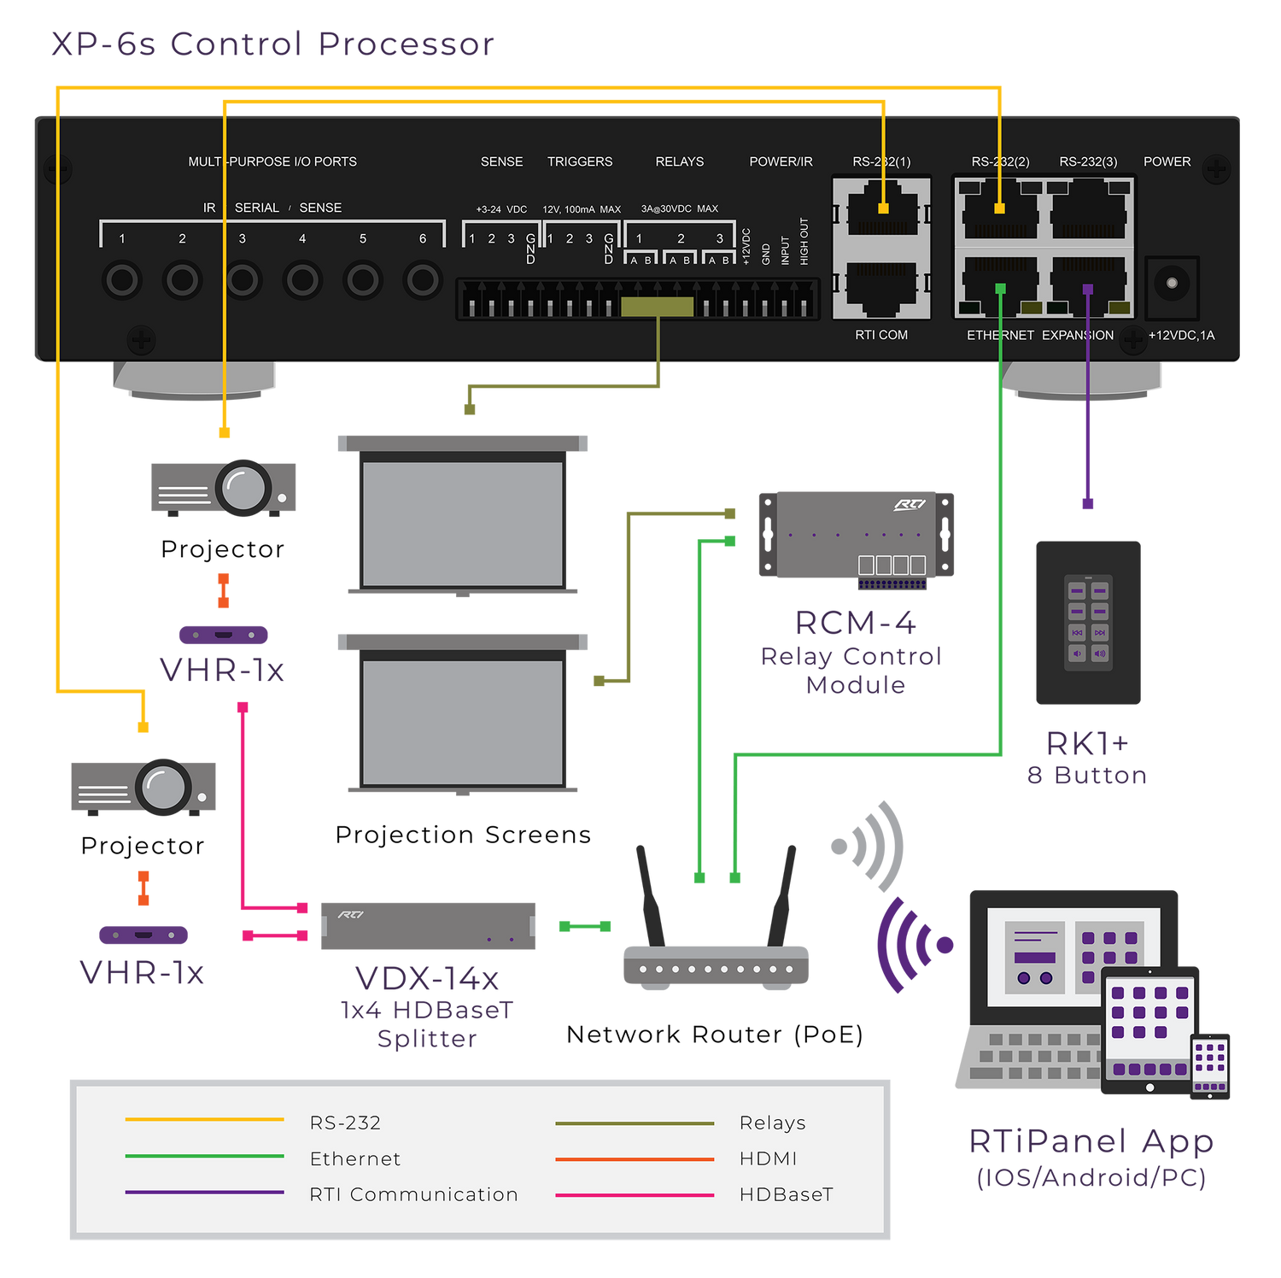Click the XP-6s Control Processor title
coord(272,44)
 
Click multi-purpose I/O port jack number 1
coord(121,279)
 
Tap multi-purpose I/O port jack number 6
coord(423,279)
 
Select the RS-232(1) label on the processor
coord(881,161)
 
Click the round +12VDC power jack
coord(1172,283)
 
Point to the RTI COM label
coord(881,335)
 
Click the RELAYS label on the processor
coord(680,161)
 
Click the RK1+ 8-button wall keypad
coord(1088,622)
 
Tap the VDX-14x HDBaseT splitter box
coord(428,926)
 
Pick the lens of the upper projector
coord(244,488)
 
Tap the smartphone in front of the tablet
coord(1210,1065)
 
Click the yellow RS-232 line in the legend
coord(204,1119)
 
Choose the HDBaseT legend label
coord(786,1194)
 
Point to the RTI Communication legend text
coord(413,1194)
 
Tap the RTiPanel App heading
coord(1091,1141)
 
